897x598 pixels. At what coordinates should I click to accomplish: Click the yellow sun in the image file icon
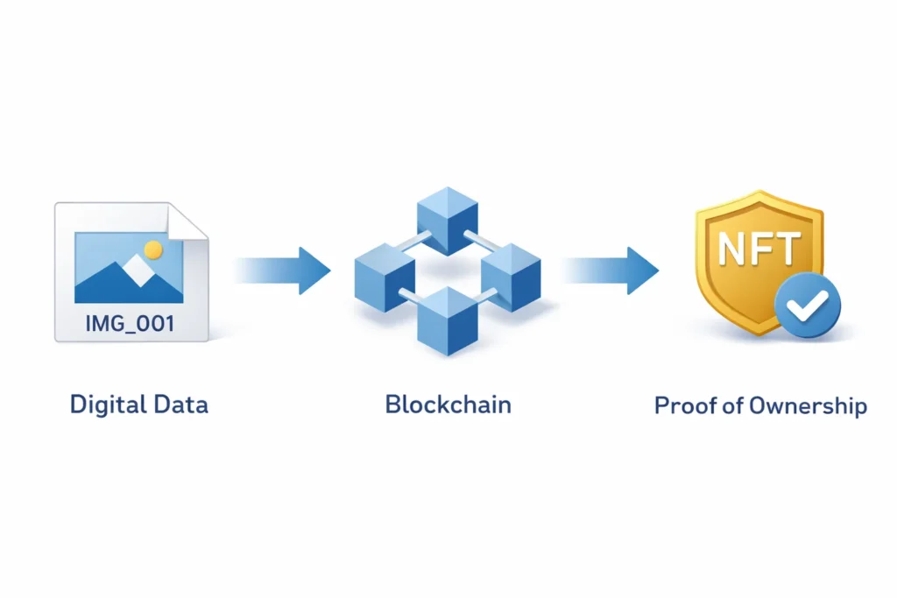click(x=153, y=250)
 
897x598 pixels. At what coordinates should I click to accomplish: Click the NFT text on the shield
click(x=758, y=250)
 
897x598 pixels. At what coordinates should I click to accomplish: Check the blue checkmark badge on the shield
click(x=808, y=306)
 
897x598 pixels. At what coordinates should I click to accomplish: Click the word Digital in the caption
click(x=107, y=405)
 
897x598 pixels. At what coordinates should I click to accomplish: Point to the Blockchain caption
click(x=448, y=405)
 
